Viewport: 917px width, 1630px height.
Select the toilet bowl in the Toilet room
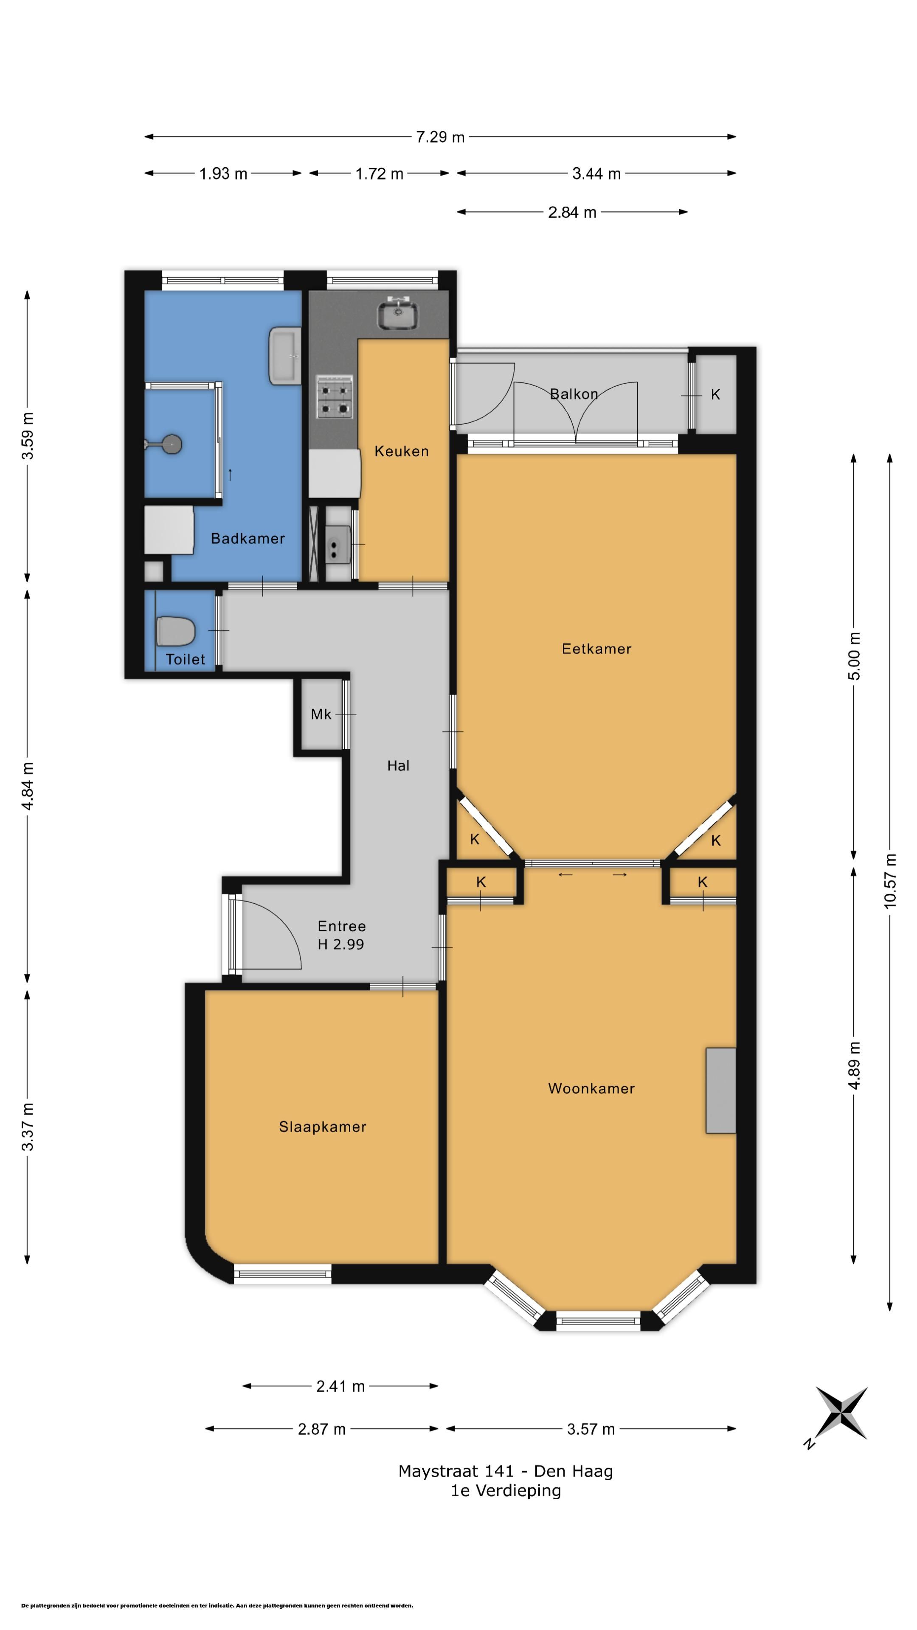click(x=175, y=631)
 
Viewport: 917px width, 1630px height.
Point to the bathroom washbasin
click(x=285, y=356)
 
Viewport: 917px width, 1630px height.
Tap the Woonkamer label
click(x=591, y=1088)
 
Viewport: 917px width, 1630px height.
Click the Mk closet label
click(x=321, y=714)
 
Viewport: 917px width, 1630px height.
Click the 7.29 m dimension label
click(x=440, y=137)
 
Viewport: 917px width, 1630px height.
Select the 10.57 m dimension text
click(x=890, y=881)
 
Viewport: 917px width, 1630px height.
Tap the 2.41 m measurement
click(x=340, y=1386)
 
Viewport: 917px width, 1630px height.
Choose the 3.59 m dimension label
click(x=27, y=436)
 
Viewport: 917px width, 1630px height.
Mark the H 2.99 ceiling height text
click(x=340, y=944)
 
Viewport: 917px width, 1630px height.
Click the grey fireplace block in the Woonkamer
click(x=721, y=1090)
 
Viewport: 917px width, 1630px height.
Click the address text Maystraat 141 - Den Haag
click(x=506, y=1471)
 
